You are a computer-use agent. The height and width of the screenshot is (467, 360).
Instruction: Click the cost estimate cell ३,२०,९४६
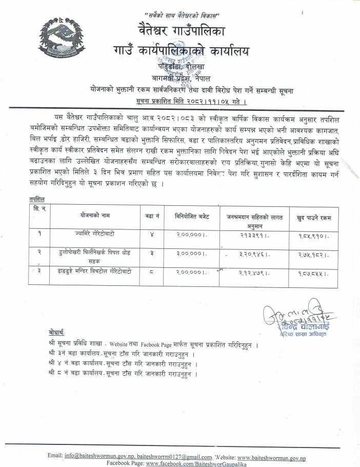point(255,254)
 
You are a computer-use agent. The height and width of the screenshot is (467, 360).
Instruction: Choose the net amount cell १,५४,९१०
point(311,237)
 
